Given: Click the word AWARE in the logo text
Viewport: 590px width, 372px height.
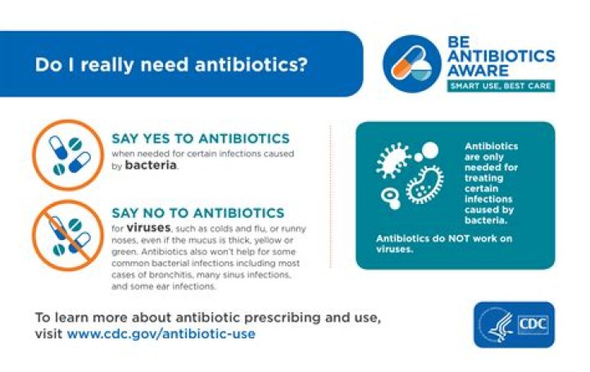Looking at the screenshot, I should coord(478,70).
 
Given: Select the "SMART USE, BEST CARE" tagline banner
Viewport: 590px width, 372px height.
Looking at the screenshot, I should coord(500,85).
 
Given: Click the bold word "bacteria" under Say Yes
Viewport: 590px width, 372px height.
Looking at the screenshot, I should coord(151,165).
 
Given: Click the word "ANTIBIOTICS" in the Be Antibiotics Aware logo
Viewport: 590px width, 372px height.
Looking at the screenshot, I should coord(501,56).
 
